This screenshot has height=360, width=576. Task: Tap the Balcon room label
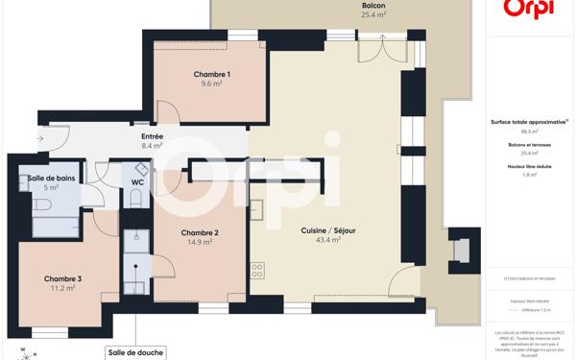click(x=373, y=6)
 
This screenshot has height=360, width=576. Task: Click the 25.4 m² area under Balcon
click(x=373, y=15)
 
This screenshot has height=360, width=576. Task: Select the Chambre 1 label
click(x=211, y=75)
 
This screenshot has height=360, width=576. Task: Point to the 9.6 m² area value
click(x=211, y=84)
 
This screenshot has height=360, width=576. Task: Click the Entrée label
click(x=152, y=137)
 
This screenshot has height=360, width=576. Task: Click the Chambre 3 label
click(x=62, y=279)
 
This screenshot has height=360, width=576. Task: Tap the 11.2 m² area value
click(x=62, y=289)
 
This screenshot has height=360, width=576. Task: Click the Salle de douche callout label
click(x=136, y=352)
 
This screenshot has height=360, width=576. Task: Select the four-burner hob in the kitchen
click(x=257, y=270)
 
